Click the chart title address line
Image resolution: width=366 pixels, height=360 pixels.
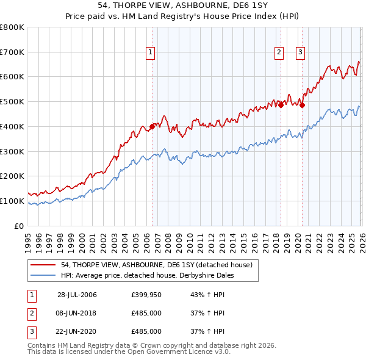click(183, 5)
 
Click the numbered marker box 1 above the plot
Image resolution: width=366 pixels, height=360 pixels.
click(151, 53)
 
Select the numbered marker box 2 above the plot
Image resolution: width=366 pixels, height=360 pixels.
click(279, 53)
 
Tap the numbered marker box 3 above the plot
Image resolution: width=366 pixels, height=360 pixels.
click(301, 53)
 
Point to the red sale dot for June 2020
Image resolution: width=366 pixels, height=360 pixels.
click(302, 106)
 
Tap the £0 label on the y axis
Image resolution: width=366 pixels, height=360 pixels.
click(18, 226)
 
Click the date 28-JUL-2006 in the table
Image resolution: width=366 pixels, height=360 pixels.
click(77, 295)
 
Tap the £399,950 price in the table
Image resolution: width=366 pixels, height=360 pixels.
click(146, 295)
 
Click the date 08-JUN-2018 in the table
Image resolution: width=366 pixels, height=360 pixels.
click(77, 313)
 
